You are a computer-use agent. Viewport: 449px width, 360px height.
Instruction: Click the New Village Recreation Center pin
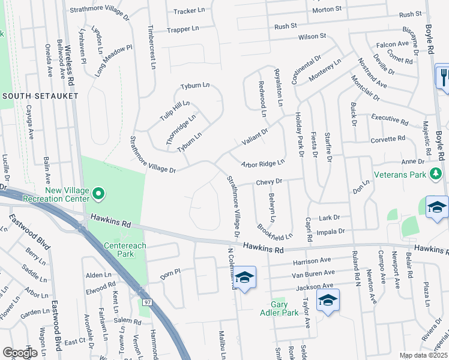click(x=98, y=193)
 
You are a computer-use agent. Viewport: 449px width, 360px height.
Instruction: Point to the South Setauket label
click(x=32, y=96)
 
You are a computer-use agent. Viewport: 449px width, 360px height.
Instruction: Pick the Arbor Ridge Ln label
click(x=262, y=163)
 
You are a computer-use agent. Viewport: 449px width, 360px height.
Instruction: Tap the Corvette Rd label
click(x=393, y=139)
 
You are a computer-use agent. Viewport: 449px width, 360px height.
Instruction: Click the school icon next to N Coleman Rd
click(x=244, y=277)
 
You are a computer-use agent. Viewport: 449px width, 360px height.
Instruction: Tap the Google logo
click(x=20, y=353)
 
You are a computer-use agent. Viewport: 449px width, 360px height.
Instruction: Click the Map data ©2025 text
click(x=423, y=355)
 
